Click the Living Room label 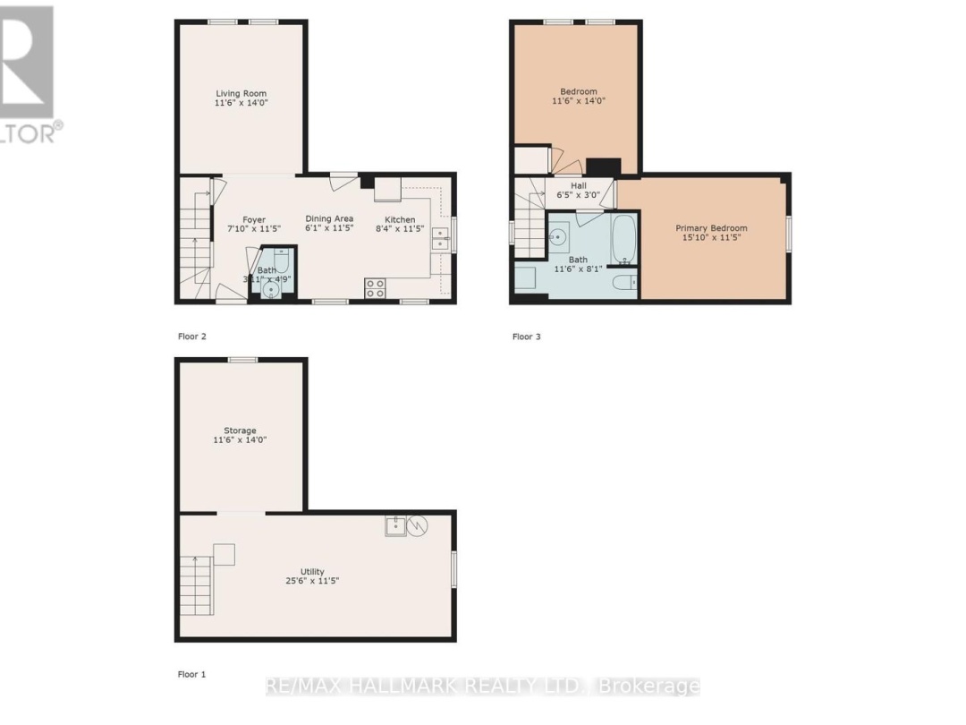(x=241, y=93)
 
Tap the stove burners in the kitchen (x=376, y=288)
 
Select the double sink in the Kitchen (x=440, y=238)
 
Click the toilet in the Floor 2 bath (x=282, y=260)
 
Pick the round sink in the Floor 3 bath (x=558, y=238)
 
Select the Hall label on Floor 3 (x=579, y=185)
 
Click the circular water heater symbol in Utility (x=419, y=526)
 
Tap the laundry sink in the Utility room (x=395, y=526)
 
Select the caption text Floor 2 (x=191, y=337)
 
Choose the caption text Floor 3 (x=526, y=337)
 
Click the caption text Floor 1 (x=191, y=673)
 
